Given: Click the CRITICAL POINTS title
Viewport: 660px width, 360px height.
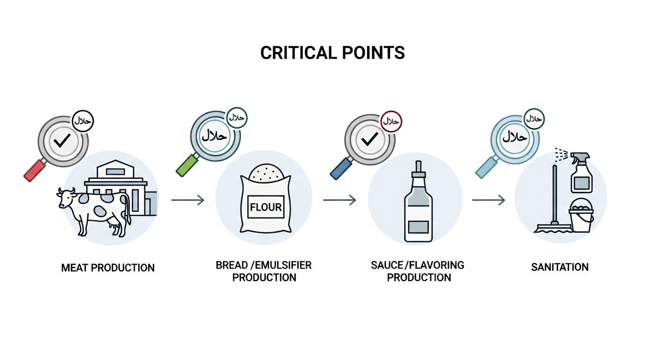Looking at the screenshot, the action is pyautogui.click(x=332, y=53).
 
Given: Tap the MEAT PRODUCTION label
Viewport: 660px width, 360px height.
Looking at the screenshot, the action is pyautogui.click(x=108, y=268).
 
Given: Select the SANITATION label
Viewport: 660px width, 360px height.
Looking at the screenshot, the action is pyautogui.click(x=560, y=267).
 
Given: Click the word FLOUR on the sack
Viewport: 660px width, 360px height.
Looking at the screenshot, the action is pyautogui.click(x=266, y=207).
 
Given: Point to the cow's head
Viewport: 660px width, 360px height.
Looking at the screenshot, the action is pyautogui.click(x=66, y=197).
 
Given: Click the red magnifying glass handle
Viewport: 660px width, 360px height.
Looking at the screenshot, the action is pyautogui.click(x=35, y=171).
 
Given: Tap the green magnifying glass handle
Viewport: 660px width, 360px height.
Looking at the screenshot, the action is pyautogui.click(x=187, y=165).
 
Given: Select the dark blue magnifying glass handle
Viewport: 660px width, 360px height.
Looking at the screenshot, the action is pyautogui.click(x=341, y=168).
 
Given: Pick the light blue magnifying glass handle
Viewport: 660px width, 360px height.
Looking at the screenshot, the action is pyautogui.click(x=487, y=167).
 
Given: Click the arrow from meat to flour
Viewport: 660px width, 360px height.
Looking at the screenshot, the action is pyautogui.click(x=187, y=200).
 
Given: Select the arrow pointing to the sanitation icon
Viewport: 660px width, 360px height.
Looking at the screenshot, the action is pyautogui.click(x=488, y=200).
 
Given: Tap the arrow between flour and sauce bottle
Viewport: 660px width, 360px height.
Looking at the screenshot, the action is pyautogui.click(x=339, y=200).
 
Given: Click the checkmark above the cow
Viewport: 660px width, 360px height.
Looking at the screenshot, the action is pyautogui.click(x=62, y=141).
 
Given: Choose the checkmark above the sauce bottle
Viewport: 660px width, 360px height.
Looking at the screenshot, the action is pyautogui.click(x=369, y=139).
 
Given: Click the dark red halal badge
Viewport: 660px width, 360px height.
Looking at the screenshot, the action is pyautogui.click(x=391, y=121).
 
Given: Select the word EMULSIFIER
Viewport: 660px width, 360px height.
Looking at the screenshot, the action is pyautogui.click(x=283, y=265).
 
